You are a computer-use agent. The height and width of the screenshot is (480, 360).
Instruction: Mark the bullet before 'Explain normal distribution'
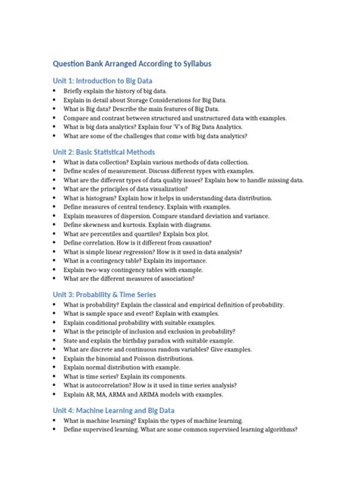(x=55, y=368)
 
